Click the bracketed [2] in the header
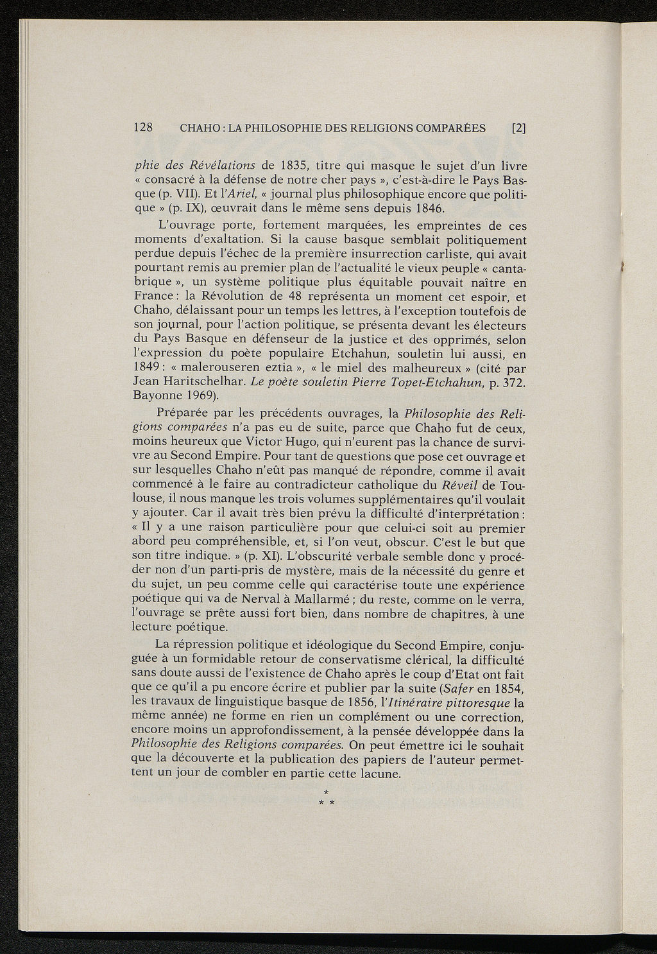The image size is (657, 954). [x=518, y=128]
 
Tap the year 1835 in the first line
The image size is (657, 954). [x=293, y=164]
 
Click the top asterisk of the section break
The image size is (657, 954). [x=327, y=794]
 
